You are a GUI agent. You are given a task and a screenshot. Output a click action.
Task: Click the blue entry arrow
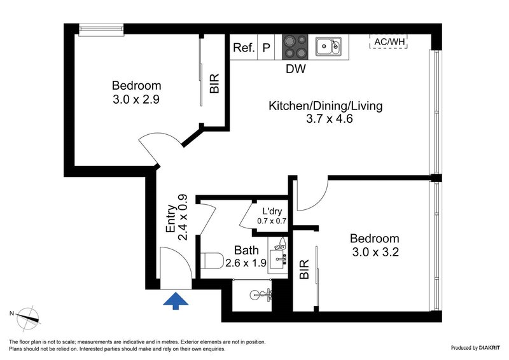click(175, 300)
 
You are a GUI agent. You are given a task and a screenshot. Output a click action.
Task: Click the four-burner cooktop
click(295, 46)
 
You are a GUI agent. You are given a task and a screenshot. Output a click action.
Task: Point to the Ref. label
click(244, 48)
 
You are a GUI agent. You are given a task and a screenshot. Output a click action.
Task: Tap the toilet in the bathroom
click(211, 261)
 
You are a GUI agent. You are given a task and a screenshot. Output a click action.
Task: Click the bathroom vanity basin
click(279, 258)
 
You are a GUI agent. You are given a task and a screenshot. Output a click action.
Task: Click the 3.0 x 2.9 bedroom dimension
click(136, 100)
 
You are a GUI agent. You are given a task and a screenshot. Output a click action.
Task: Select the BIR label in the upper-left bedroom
click(214, 84)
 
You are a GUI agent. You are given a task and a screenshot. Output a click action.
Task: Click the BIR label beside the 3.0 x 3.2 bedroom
click(304, 269)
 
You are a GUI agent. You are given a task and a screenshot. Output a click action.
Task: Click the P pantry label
click(267, 48)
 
